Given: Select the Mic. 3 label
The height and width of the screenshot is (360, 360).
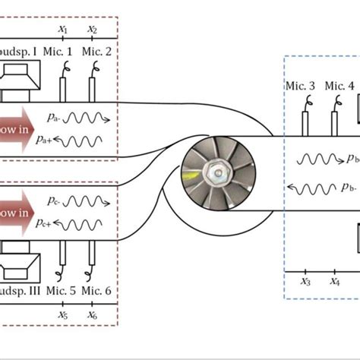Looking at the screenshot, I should point(302,86).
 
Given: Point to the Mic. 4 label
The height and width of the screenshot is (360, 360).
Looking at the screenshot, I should point(339,86).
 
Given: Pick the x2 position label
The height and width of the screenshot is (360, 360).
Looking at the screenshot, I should point(92,30).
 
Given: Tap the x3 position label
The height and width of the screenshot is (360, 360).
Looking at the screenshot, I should point(305,282).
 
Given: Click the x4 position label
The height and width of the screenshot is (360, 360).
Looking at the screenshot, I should point(335,282).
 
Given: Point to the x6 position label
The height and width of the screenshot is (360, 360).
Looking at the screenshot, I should point(92,314).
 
